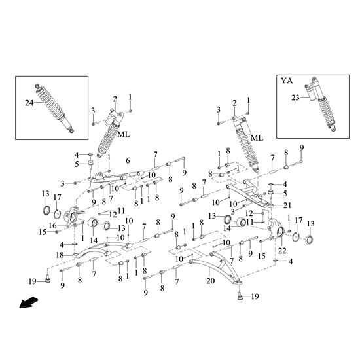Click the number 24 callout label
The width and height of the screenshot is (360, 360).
pyautogui.click(x=29, y=103)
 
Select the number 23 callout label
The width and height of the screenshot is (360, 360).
pyautogui.click(x=295, y=98)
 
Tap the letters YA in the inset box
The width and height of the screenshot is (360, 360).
pyautogui.click(x=287, y=81)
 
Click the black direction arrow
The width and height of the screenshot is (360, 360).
pyautogui.click(x=28, y=302)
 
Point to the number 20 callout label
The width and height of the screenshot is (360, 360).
pyautogui.click(x=211, y=281)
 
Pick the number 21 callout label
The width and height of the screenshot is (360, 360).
pyautogui.click(x=287, y=205)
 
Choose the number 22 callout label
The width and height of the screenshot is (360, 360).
pyautogui.click(x=282, y=251)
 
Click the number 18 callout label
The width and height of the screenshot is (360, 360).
pyautogui.click(x=60, y=255)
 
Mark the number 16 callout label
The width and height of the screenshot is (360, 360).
pyautogui.click(x=53, y=225)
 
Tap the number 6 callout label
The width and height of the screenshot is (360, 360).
pyautogui.click(x=128, y=160)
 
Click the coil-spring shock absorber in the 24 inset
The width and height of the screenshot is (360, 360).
pyautogui.click(x=54, y=109)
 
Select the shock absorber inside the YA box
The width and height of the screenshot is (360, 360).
pyautogui.click(x=321, y=105)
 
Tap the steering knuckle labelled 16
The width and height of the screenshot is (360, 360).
pyautogui.click(x=71, y=217)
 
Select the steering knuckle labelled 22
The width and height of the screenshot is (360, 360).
pyautogui.click(x=276, y=229)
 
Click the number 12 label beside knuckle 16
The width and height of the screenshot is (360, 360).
pyautogui.click(x=113, y=215)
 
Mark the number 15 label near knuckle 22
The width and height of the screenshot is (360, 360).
pyautogui.click(x=262, y=256)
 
